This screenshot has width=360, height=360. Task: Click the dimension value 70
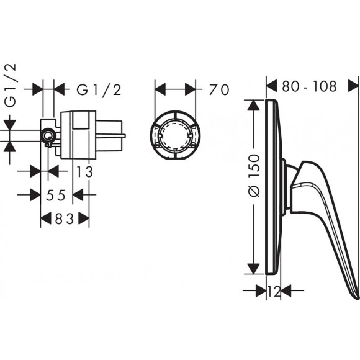point(219,89)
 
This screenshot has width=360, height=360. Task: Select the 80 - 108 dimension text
point(310,86)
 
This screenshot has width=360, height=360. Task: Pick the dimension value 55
point(56,195)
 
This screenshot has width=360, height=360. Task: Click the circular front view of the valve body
point(175,135)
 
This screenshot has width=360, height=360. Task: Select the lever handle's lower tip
point(354,293)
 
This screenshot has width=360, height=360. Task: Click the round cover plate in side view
point(272,186)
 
